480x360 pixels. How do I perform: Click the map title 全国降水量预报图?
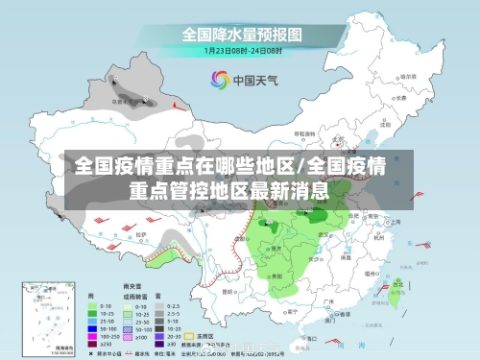[239, 34]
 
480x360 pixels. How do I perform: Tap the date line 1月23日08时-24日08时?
[239, 50]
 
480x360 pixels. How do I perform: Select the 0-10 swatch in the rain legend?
[94, 307]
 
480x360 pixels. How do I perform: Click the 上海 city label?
[395, 221]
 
